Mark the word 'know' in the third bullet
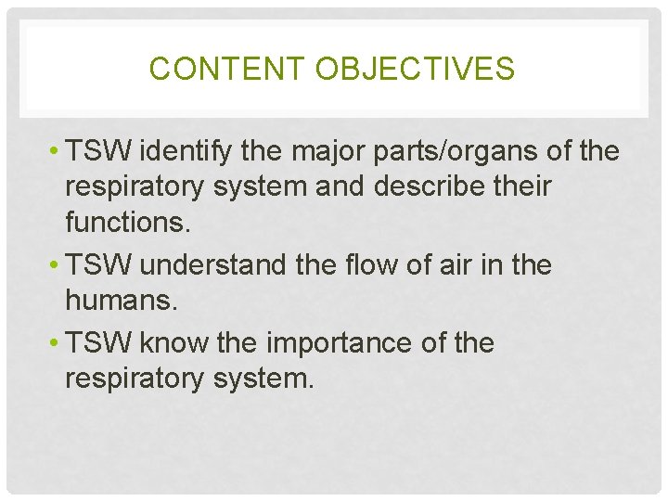point(173,344)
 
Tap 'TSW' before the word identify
point(96,152)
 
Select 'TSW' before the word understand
point(96,266)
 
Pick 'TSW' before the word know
point(96,344)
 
